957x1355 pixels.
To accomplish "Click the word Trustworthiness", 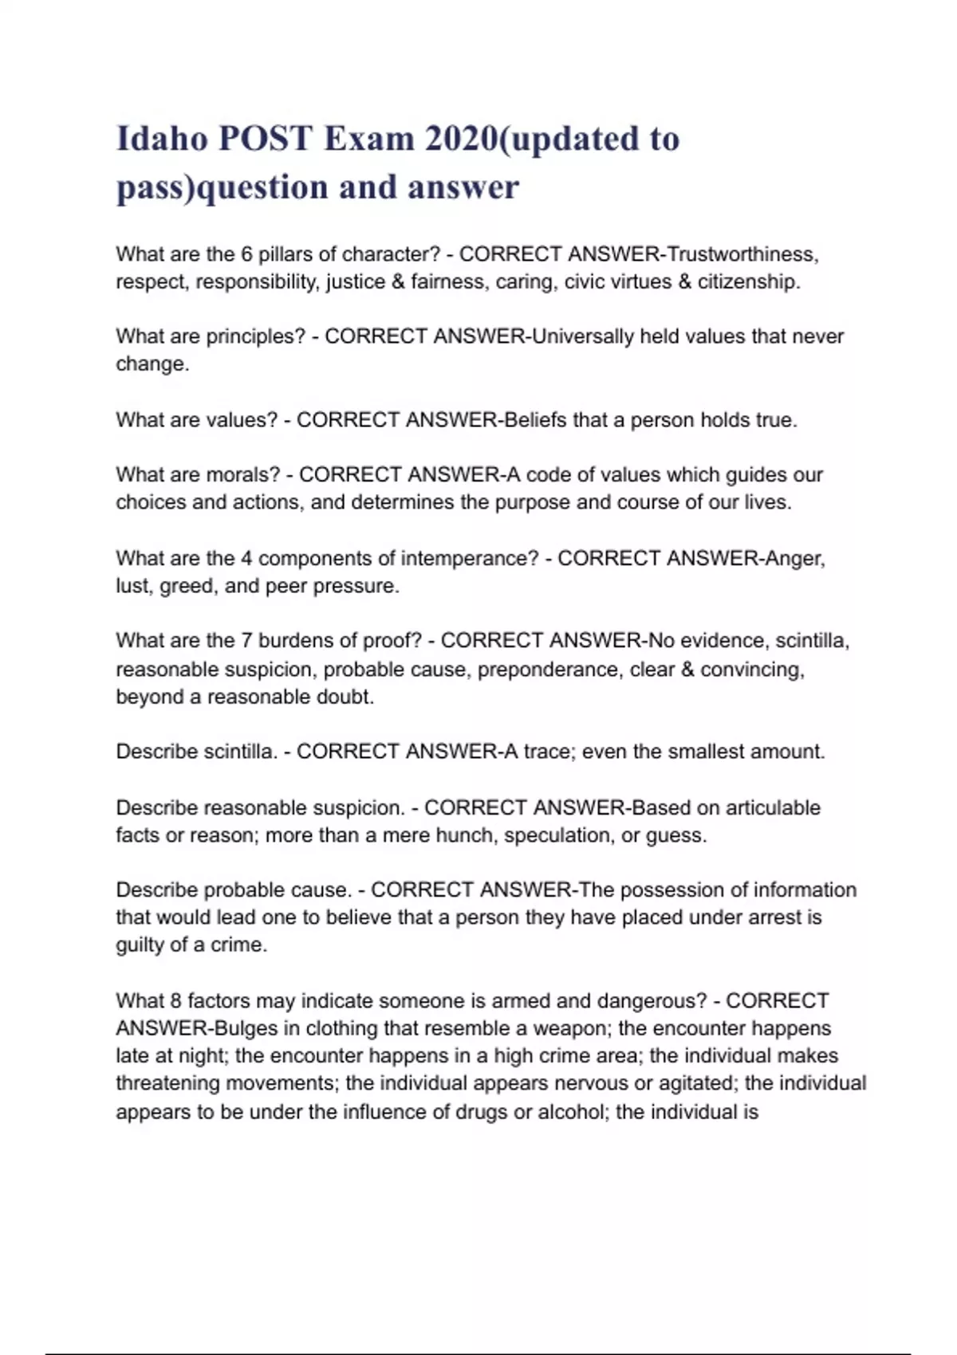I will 741,254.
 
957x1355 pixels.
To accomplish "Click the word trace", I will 547,752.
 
